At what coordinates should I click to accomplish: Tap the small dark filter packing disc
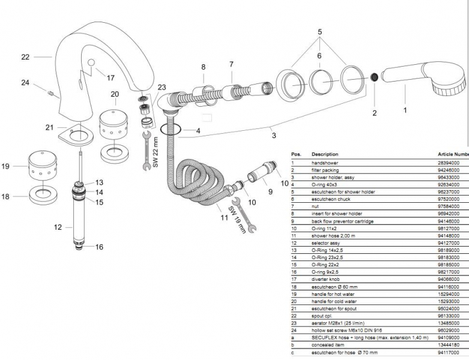pos(374,78)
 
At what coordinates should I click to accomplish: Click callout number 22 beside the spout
pos(25,57)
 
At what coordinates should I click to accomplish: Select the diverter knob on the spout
pos(91,65)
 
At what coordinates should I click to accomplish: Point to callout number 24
pos(25,82)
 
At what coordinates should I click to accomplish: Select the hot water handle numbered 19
pos(43,166)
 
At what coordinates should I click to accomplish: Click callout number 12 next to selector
pos(58,227)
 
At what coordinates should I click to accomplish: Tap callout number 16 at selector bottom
pos(99,247)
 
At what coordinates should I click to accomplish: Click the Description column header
pos(325,154)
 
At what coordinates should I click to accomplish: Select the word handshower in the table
pos(324,163)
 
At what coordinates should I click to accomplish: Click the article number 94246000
pos(449,170)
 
